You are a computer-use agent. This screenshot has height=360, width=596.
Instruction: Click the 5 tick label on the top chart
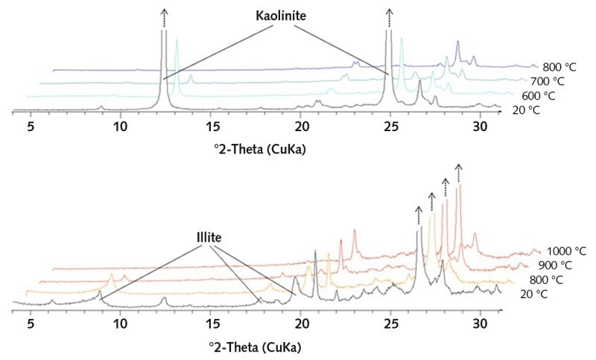(x=31, y=126)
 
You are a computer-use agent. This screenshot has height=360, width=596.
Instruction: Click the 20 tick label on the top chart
(x=301, y=126)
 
